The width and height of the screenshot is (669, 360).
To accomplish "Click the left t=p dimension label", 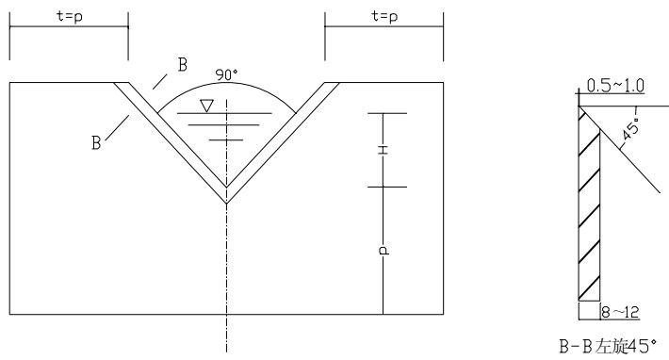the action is [x=70, y=16].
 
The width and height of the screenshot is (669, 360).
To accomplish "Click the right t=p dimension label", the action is [x=384, y=16].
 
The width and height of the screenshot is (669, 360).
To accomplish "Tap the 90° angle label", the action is [x=226, y=74].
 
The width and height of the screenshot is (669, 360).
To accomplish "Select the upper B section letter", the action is [x=183, y=65].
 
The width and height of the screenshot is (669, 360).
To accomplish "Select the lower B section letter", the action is [x=96, y=142].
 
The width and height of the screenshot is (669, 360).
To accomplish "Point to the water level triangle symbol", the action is [x=207, y=106].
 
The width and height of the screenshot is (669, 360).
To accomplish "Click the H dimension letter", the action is [x=383, y=150].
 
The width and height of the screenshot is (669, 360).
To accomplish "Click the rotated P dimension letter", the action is [x=384, y=250].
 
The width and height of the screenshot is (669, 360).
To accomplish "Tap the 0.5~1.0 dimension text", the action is [x=615, y=86].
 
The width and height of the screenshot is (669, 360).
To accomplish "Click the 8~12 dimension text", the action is [x=620, y=312].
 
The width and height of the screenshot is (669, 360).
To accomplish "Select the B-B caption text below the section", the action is [x=608, y=346].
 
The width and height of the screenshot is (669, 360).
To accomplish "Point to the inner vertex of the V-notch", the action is [x=226, y=187].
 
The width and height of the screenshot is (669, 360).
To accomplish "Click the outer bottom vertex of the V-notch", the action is [x=226, y=203].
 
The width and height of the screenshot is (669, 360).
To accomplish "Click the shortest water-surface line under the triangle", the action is [x=226, y=139].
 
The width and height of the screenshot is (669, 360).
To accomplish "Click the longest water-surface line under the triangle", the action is [x=224, y=113].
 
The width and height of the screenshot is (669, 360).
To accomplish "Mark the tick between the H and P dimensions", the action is [x=387, y=187].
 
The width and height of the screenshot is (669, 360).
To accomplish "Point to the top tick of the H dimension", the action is [x=387, y=113].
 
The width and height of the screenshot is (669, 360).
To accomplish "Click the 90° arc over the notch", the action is [x=226, y=83].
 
